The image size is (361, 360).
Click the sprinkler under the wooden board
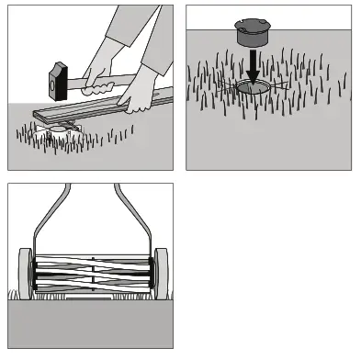(66, 128)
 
